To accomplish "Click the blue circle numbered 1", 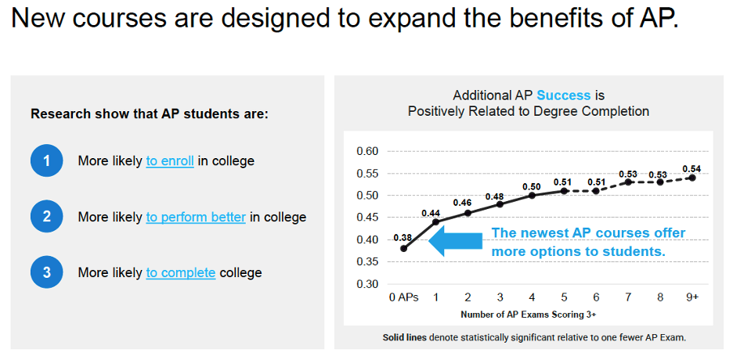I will click(47, 161).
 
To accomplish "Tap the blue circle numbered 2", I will click(47, 217).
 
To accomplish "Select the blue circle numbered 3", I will click(47, 272).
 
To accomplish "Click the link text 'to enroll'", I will click(170, 161).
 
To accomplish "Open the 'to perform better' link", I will click(196, 217).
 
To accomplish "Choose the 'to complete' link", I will click(181, 272).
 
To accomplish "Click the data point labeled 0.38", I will click(403, 249).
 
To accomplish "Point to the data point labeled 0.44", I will click(435, 222).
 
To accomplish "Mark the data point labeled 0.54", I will click(692, 178).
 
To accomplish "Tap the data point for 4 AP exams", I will click(532, 195).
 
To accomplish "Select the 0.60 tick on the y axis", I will click(367, 151).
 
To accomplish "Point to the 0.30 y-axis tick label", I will click(367, 283).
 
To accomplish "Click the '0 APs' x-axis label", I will click(404, 298).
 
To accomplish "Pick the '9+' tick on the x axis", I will click(691, 298).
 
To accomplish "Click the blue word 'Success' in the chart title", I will click(564, 95).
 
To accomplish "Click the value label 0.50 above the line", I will click(532, 186).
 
